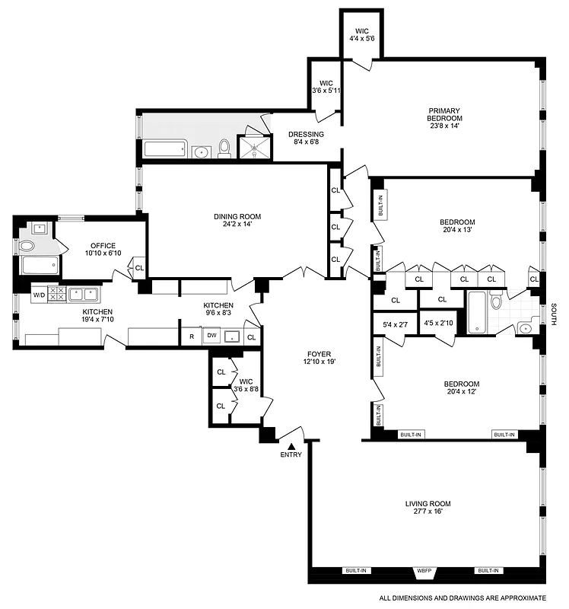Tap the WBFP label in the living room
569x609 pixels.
(x=423, y=570)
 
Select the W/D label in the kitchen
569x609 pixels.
(x=38, y=293)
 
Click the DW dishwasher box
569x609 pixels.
(x=212, y=335)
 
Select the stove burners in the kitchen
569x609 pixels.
(x=57, y=293)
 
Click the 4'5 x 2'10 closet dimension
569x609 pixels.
(x=438, y=323)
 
